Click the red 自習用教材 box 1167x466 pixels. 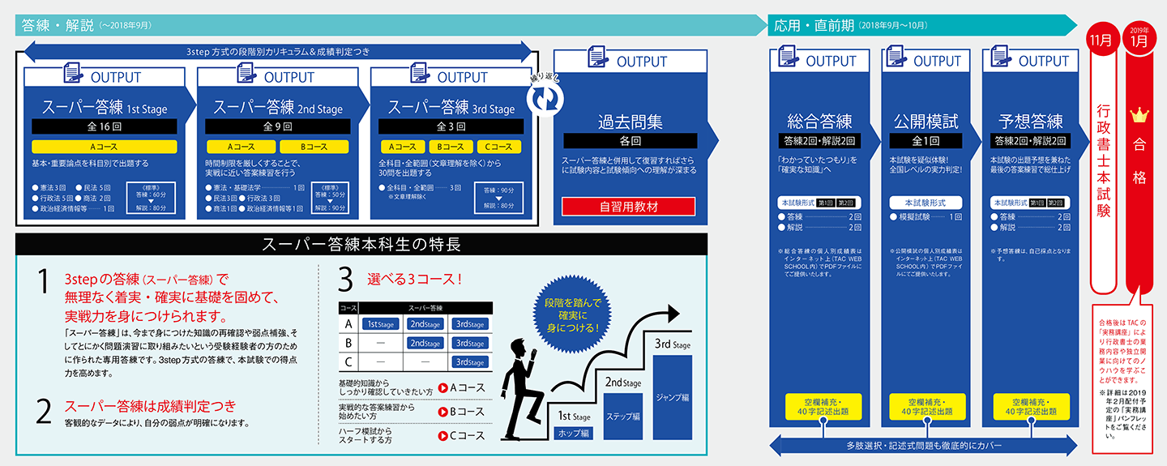tap(628, 207)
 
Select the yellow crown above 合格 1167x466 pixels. tap(1139, 114)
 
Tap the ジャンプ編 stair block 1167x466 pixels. tap(673, 397)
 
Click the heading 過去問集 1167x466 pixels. tap(630, 122)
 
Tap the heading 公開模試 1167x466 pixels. tap(925, 122)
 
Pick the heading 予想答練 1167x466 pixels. tap(1026, 122)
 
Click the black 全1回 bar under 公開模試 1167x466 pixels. tap(925, 141)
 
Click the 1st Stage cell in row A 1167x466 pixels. tap(381, 324)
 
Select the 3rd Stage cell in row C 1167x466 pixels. tap(470, 362)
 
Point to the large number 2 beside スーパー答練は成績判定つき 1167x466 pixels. tap(43, 411)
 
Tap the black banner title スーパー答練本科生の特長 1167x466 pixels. tap(361, 244)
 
